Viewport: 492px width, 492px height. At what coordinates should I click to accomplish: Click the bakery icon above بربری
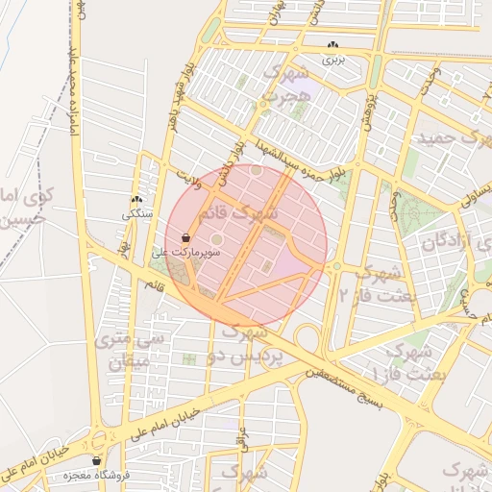tap(333, 45)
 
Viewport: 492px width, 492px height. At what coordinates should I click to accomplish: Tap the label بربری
tap(332, 60)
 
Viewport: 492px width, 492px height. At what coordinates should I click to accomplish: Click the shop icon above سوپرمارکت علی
tap(185, 237)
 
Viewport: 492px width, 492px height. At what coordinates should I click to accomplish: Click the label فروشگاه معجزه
tap(89, 476)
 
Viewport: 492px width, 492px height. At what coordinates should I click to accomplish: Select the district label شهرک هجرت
tap(285, 84)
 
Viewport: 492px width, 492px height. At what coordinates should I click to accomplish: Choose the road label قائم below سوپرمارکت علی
tap(155, 285)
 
